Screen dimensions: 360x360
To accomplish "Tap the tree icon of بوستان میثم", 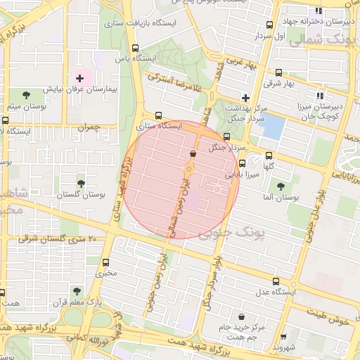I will (x=27, y=94).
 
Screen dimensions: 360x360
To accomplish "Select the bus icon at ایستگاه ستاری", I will (x=157, y=115).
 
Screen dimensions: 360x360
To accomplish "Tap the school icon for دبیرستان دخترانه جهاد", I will (x=319, y=11).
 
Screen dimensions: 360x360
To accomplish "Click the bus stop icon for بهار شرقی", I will (x=279, y=72).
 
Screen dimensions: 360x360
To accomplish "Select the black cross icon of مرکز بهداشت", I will (x=245, y=97).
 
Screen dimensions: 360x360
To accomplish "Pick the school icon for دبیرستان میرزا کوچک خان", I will (x=319, y=96).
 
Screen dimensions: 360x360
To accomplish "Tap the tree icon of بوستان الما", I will (x=281, y=186).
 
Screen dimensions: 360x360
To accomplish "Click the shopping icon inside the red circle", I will (x=193, y=153).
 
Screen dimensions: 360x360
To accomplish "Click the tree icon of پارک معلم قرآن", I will (x=77, y=290).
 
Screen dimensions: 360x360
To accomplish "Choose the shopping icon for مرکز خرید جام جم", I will (x=242, y=316).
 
